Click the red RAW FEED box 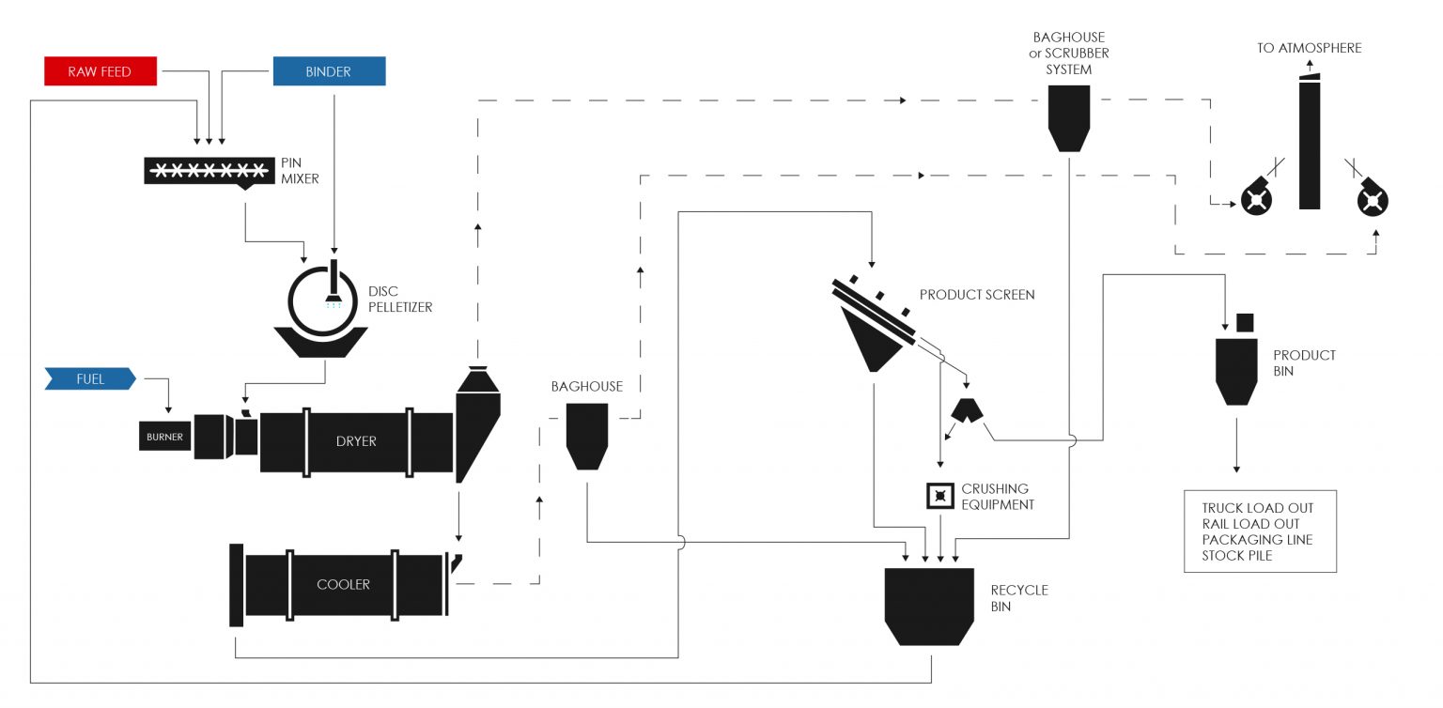point(101,71)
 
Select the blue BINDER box point(329,71)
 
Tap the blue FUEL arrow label point(90,379)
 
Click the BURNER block point(164,438)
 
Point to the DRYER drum point(356,440)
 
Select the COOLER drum point(343,584)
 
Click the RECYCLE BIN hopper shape point(929,606)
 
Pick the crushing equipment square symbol point(940,496)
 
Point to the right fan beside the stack point(1372,198)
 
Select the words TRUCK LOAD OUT point(1257,508)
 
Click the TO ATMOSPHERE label point(1309,48)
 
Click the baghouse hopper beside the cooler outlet point(588,435)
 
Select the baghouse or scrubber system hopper point(1069,117)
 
